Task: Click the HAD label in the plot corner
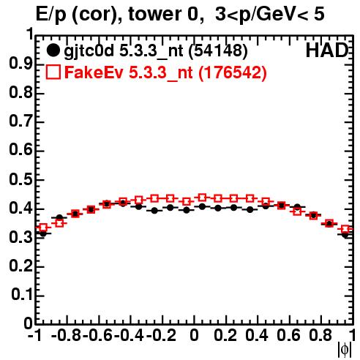[x=327, y=50]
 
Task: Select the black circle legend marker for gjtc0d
[x=53, y=50]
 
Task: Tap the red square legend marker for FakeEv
[x=53, y=72]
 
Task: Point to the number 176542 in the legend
[x=233, y=72]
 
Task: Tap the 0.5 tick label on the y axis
[x=20, y=180]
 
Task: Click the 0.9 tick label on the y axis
[x=20, y=64]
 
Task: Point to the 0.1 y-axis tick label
[x=22, y=295]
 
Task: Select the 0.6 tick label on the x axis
[x=288, y=335]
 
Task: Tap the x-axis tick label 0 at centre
[x=194, y=335]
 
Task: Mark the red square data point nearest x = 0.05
[x=202, y=198]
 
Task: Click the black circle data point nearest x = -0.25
[x=154, y=211]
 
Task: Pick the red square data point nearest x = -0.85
[x=59, y=223]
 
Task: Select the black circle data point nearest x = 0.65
[x=297, y=207]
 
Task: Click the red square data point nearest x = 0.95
[x=345, y=229]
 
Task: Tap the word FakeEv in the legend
[x=94, y=72]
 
